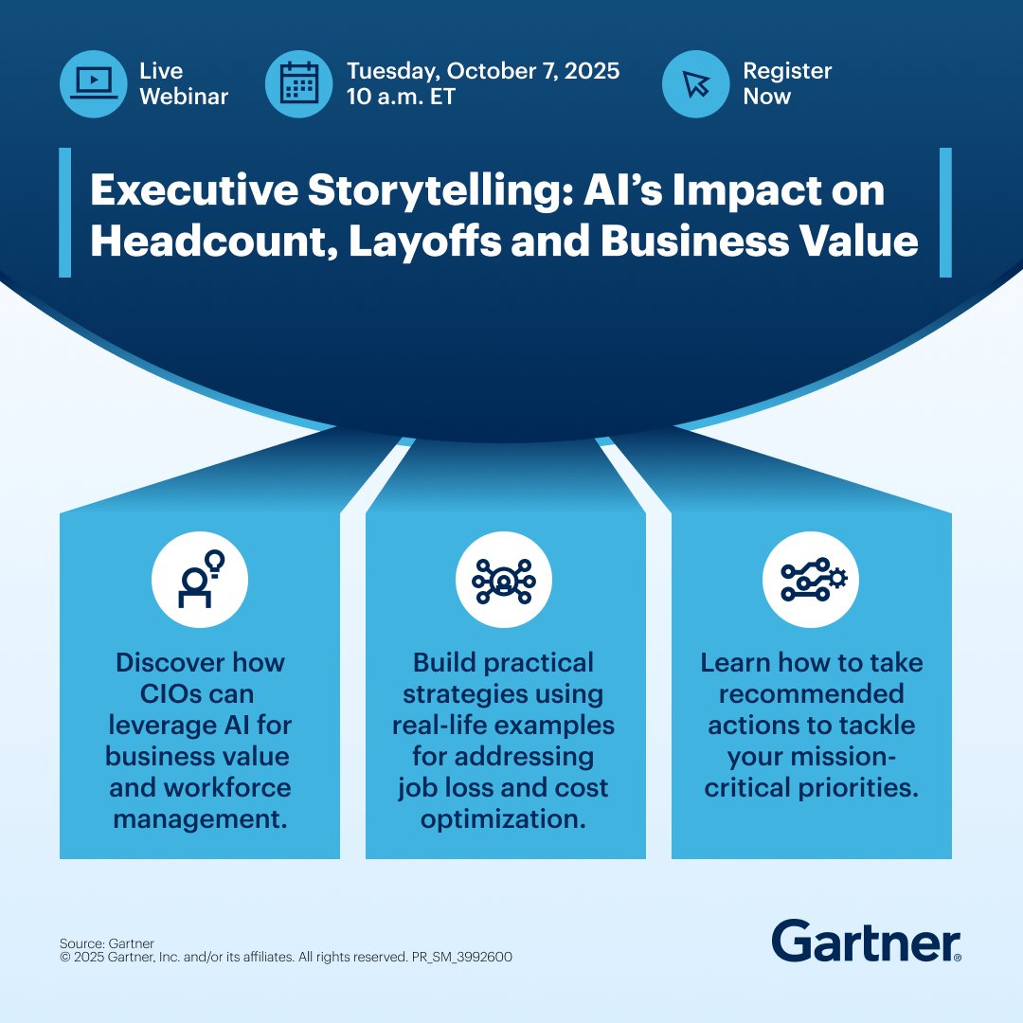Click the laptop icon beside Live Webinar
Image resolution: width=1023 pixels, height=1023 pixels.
93,83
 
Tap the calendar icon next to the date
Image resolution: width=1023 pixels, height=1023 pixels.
299,83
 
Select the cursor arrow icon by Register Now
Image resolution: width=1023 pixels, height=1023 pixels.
695,83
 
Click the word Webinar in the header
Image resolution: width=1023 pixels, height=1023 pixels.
185,97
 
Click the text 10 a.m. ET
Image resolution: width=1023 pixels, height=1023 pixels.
401,97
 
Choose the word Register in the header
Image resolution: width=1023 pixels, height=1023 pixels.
786,71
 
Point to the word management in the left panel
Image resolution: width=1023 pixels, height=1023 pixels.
199,818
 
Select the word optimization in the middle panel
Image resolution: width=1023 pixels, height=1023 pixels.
503,818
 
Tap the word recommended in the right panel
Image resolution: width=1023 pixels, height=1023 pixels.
811,693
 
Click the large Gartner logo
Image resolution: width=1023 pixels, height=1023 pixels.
866,941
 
